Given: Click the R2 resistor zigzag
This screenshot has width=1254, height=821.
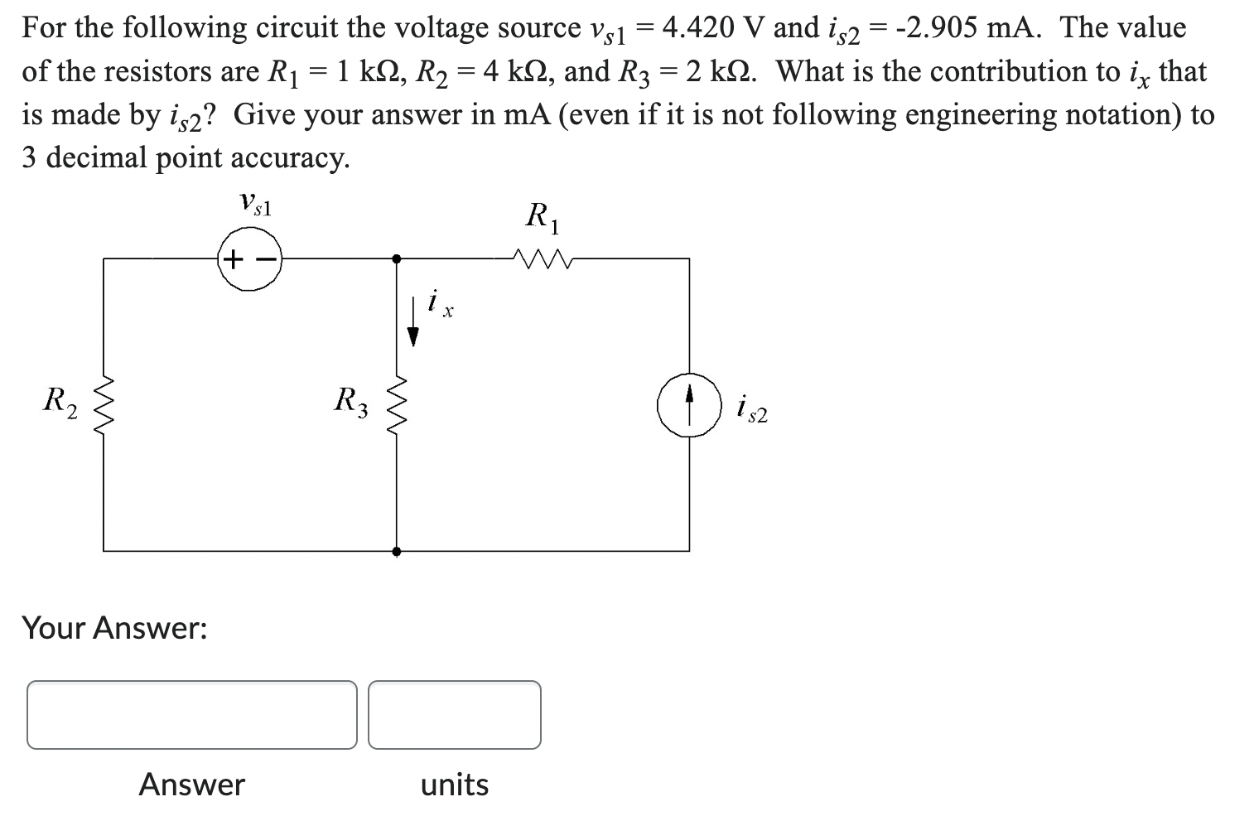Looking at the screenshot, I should pos(104,405).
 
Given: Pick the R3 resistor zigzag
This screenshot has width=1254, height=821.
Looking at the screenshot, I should pos(397,405).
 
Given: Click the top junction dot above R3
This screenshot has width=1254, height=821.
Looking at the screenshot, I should pos(397,259).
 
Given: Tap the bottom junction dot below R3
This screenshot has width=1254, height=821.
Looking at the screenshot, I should pos(397,551).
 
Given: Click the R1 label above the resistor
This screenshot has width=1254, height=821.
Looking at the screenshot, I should pos(543,218).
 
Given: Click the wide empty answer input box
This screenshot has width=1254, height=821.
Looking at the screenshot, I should pos(192,715).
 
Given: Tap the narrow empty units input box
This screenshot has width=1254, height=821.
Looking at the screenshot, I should pos(455,715).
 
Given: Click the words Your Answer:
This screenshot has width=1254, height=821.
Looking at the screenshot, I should pos(114,628).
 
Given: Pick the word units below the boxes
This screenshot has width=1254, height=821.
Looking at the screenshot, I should pos(455,784).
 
